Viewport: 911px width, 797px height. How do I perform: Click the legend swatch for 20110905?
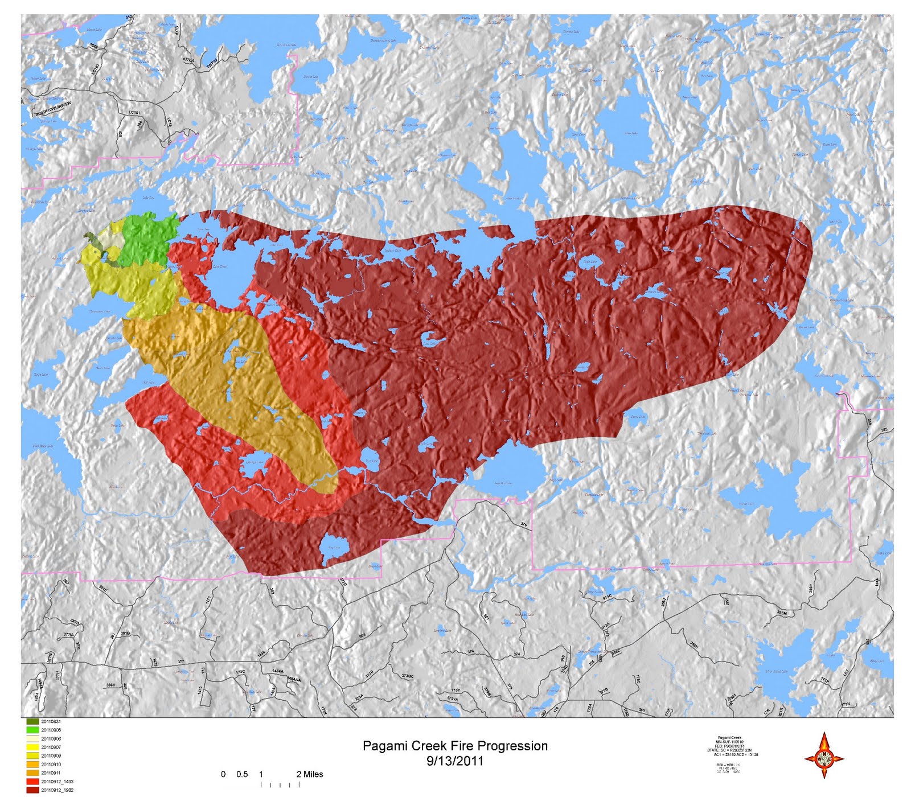click(32, 730)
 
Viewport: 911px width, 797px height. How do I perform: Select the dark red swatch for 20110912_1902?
click(32, 790)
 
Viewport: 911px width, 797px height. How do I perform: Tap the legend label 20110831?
click(51, 721)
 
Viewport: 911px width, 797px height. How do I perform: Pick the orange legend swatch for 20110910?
click(32, 765)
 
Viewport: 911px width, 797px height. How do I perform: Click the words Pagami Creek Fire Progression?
click(455, 746)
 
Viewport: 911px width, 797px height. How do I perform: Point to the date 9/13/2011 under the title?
click(455, 761)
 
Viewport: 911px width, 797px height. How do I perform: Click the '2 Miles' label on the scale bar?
click(310, 774)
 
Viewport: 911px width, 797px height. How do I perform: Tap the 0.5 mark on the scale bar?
click(242, 774)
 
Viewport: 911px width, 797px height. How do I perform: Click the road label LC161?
click(135, 113)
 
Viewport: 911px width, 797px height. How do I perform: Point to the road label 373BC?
click(407, 676)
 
